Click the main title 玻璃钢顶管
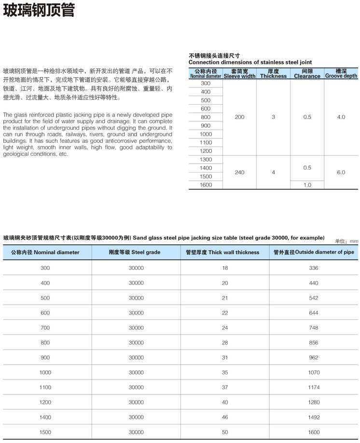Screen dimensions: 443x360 (x=39, y=11)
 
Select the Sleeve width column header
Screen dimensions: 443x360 (x=239, y=76)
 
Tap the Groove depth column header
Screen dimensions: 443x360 (x=341, y=76)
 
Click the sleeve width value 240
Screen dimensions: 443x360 (x=239, y=172)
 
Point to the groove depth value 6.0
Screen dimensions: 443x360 (x=341, y=172)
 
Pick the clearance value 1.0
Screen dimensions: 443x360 (x=307, y=185)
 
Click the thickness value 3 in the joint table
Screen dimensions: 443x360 (x=273, y=117)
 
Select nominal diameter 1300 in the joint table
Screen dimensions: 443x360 (x=206, y=160)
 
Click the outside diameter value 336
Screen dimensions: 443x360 (x=314, y=268)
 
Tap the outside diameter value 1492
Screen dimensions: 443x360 (x=314, y=417)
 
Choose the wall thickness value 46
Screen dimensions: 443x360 (x=225, y=417)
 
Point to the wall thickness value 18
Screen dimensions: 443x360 (x=225, y=268)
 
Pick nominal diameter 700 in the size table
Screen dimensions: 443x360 (x=45, y=328)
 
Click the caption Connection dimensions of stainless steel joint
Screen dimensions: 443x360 (x=250, y=62)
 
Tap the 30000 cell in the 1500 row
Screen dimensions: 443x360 (x=136, y=432)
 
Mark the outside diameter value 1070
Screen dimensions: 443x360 (x=314, y=373)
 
